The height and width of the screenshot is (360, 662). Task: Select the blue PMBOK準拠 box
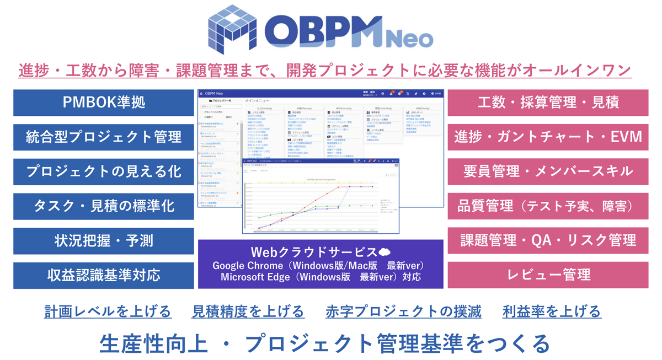tap(104, 103)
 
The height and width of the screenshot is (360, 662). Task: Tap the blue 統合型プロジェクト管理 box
tap(104, 137)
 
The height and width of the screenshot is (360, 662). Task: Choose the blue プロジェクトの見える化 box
tap(104, 171)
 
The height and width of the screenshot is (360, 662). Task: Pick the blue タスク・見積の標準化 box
tap(104, 206)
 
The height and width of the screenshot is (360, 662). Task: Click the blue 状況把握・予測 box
tap(104, 241)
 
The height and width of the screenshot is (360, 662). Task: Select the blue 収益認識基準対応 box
tap(104, 275)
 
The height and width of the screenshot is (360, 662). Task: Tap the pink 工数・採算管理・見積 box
tap(548, 103)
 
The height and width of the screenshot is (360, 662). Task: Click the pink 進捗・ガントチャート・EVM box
tap(548, 137)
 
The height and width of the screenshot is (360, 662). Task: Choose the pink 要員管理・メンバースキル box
tap(548, 171)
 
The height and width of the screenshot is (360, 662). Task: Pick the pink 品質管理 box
tap(548, 206)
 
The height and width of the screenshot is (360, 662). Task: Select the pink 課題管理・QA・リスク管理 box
tap(548, 241)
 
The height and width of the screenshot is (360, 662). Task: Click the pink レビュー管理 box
tap(548, 275)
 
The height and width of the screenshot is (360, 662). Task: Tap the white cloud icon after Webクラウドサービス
tap(385, 252)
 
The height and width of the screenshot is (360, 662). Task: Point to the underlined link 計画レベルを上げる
tap(108, 311)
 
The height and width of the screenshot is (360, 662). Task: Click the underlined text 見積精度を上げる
tap(248, 311)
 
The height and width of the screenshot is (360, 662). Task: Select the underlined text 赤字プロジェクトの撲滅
tap(403, 311)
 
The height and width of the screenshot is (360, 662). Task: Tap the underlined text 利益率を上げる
tap(552, 311)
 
